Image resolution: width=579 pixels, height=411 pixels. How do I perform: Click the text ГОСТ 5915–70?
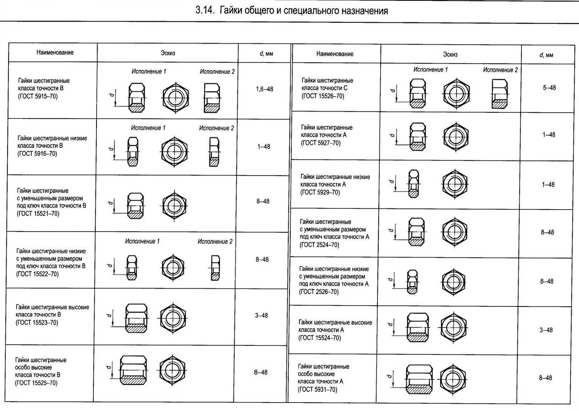[38, 96]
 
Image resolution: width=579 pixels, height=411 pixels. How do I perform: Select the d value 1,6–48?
[264, 89]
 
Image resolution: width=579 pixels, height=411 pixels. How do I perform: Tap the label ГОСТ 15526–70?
[323, 96]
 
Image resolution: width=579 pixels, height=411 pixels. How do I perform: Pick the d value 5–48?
[549, 88]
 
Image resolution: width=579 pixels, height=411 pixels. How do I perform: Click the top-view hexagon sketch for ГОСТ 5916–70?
[174, 151]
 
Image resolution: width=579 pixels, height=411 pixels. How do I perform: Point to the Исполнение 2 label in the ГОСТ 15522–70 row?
[215, 242]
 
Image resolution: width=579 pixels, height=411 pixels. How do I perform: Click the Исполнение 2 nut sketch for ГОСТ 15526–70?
[499, 94]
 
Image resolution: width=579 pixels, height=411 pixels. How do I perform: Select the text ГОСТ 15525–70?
[36, 383]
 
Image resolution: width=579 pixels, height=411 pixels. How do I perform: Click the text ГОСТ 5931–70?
[318, 389]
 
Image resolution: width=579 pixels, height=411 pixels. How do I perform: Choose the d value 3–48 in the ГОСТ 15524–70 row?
[546, 330]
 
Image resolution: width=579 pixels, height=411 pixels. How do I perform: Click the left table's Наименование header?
[55, 52]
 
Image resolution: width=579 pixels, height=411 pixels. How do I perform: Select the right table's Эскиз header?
[450, 54]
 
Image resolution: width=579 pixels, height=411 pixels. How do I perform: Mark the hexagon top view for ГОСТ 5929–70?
[455, 184]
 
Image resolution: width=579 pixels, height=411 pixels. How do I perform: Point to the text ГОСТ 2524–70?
[320, 245]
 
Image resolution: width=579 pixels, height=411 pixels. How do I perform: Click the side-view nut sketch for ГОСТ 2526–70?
[412, 281]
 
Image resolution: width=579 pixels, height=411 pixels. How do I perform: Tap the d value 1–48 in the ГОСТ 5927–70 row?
[549, 135]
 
